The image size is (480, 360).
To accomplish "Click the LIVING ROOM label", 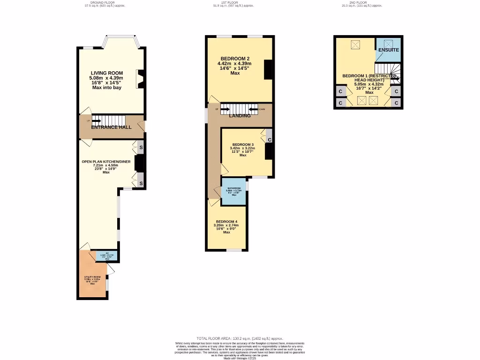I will (106, 73).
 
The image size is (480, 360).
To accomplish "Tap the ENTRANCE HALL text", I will (111, 127).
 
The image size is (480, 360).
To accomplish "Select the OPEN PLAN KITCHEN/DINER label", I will (106, 162).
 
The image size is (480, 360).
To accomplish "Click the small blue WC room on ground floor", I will (107, 256).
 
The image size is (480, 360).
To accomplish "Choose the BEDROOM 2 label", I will (235, 59).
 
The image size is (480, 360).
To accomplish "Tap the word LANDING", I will (240, 116).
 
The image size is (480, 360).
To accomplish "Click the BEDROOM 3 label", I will (243, 144).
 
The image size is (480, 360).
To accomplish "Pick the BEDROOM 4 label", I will (226, 222).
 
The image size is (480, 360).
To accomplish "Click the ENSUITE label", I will (389, 50).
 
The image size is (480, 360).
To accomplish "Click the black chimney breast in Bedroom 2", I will (268, 70).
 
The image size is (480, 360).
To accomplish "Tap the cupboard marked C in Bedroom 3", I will (269, 140).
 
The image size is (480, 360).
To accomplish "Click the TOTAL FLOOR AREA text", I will (240, 338).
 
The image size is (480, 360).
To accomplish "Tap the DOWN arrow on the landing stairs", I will (254, 110).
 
